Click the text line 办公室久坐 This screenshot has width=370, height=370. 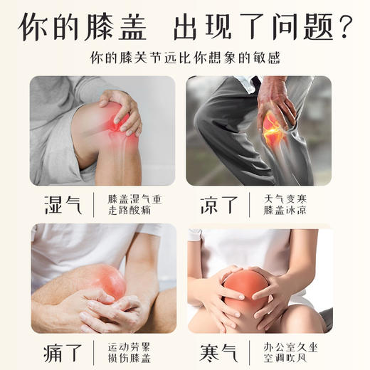287,345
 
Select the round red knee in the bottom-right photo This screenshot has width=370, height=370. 245,287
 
